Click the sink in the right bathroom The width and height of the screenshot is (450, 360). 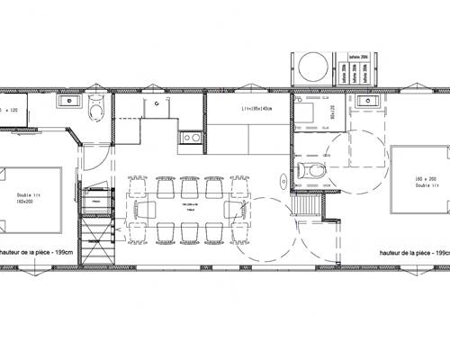tap(369, 102)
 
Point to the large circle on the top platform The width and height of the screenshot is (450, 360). tap(311, 66)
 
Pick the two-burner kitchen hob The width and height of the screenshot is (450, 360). tap(190, 138)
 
